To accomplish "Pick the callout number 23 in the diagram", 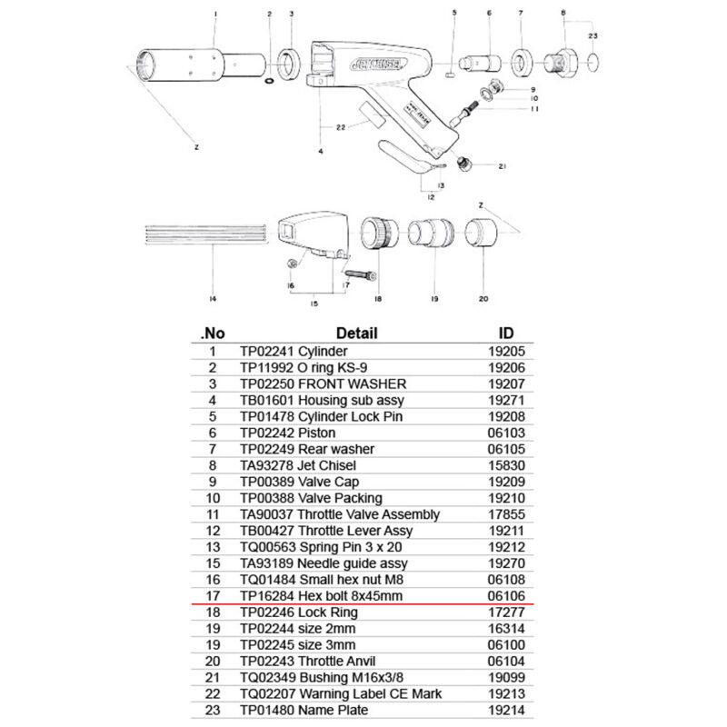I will click(593, 35).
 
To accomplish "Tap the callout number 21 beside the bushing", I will click(500, 165).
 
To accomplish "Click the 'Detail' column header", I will click(356, 333).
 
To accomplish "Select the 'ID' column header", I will click(507, 333).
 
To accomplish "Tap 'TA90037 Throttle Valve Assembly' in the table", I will click(339, 514).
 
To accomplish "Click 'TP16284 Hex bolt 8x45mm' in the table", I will click(321, 596).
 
